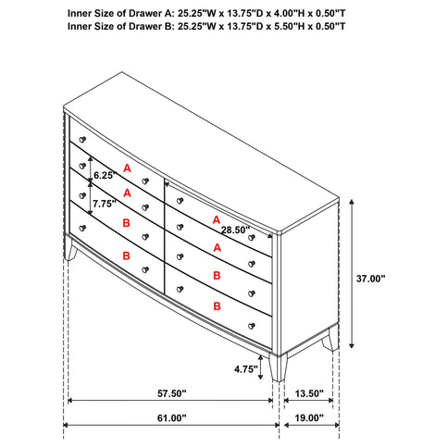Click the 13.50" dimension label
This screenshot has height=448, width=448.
309,394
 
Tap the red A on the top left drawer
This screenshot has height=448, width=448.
127,168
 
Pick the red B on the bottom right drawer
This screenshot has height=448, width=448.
217,305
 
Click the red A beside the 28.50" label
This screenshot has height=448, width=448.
216,220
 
